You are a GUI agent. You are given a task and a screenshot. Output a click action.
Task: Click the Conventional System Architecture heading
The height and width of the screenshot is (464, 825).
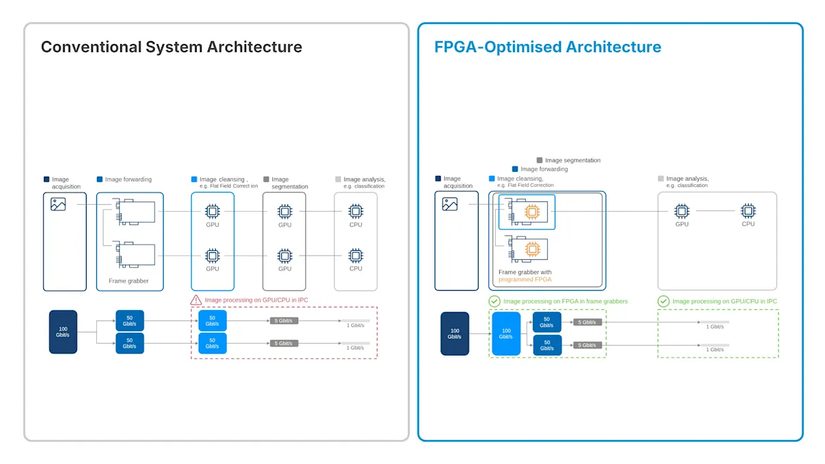(171, 47)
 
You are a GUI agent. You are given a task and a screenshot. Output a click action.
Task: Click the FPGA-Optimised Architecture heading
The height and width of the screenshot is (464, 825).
(548, 47)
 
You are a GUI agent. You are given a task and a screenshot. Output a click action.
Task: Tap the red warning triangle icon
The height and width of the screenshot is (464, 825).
(196, 300)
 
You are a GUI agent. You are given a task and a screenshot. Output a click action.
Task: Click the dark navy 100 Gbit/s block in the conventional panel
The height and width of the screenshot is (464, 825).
(63, 332)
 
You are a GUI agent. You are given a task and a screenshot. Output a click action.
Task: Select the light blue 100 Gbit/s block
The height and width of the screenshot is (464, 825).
(506, 333)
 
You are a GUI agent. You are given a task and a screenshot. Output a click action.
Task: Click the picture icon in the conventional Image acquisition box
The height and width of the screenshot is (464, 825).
(58, 204)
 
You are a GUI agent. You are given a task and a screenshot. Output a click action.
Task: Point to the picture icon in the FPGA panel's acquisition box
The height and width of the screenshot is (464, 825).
(450, 204)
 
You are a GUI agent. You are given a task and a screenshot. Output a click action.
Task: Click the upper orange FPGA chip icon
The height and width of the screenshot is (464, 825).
(532, 212)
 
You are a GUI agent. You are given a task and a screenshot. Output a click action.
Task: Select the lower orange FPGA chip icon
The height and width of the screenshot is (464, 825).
(532, 250)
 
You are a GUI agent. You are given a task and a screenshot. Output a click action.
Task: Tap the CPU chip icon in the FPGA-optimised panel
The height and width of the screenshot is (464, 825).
(748, 211)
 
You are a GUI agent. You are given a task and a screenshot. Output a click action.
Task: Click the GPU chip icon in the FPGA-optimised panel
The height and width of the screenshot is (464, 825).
(682, 211)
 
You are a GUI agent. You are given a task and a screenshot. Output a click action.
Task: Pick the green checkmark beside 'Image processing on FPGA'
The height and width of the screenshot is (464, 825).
(494, 301)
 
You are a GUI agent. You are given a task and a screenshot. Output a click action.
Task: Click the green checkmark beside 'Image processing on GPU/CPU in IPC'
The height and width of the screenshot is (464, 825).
(663, 301)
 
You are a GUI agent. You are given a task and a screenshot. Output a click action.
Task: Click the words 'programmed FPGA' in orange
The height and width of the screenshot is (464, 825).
(525, 280)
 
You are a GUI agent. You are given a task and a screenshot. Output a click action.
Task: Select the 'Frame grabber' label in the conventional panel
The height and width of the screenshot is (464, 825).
(129, 281)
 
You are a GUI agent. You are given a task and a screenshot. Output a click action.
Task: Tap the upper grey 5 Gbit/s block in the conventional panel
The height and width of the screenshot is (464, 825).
(283, 321)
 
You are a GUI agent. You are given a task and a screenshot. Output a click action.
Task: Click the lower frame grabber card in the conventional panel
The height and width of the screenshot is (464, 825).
(135, 254)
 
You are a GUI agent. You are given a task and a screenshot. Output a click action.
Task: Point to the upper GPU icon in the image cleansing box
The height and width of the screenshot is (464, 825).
(212, 212)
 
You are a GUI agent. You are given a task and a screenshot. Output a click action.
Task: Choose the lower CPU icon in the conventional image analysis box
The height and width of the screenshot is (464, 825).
(355, 256)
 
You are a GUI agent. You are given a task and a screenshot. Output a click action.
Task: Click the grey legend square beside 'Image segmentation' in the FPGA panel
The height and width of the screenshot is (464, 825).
(540, 160)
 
